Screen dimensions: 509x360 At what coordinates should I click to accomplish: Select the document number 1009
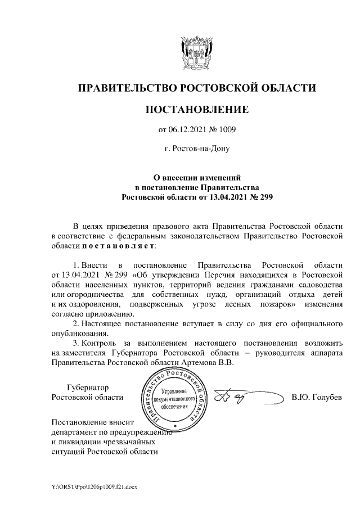pos(226,129)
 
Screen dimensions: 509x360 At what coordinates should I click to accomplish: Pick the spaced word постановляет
pos(114,246)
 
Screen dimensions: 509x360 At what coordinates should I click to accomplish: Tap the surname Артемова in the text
pos(197,363)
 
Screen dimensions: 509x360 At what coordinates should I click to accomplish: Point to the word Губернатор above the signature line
pos(87,388)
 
